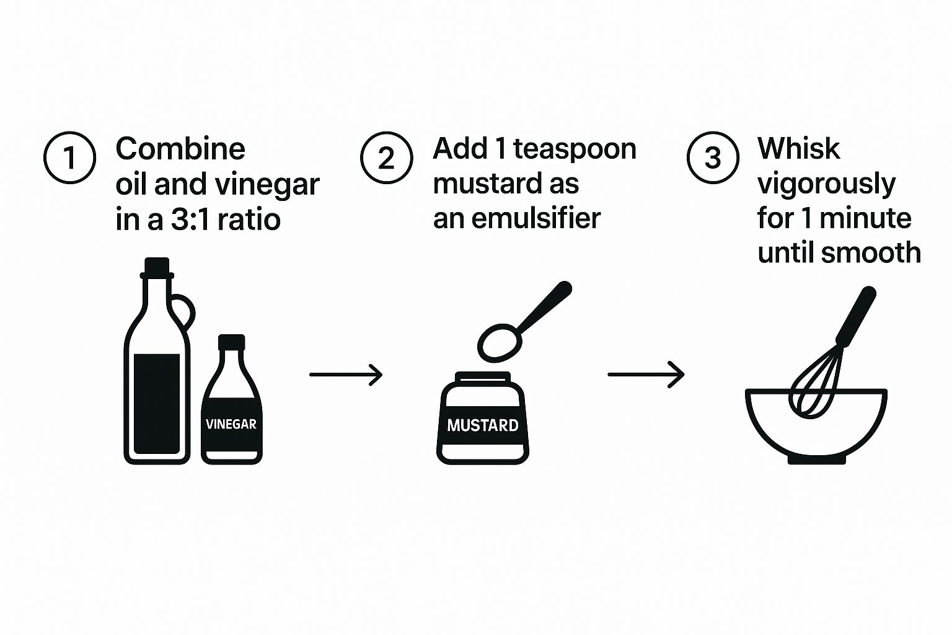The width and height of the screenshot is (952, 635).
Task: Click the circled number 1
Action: click(x=69, y=158)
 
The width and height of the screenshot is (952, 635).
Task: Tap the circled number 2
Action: click(x=386, y=158)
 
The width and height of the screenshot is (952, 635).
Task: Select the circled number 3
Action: click(x=713, y=158)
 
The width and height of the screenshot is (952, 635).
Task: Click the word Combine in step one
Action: click(x=180, y=149)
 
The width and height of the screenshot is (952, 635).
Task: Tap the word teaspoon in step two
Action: click(x=575, y=149)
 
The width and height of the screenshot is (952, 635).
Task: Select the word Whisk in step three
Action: click(x=798, y=149)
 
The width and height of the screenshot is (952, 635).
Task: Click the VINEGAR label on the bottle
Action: click(x=231, y=424)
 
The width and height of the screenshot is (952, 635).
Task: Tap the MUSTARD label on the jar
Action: click(x=483, y=425)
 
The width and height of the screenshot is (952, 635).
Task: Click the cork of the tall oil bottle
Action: click(x=157, y=267)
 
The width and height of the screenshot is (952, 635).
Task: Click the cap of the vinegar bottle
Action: click(x=232, y=342)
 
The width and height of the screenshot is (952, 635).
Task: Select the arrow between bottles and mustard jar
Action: click(x=346, y=375)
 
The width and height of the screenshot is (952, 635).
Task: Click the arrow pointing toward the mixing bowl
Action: click(x=646, y=375)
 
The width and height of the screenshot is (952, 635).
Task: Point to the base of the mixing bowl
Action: click(x=817, y=460)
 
